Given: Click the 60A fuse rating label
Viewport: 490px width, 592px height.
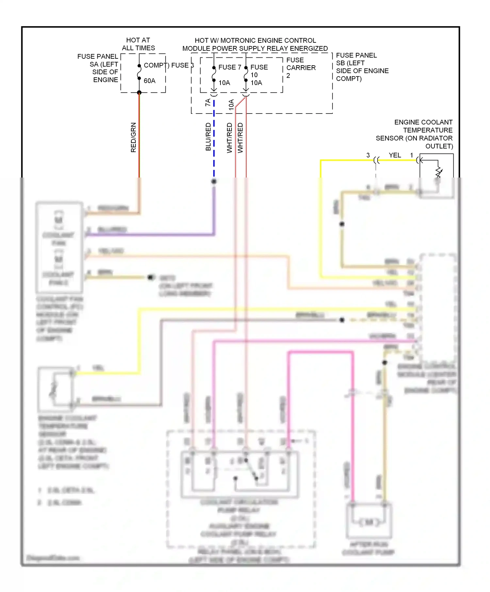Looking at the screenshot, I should coord(150,81).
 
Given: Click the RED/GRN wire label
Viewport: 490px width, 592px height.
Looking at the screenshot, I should coord(133,137).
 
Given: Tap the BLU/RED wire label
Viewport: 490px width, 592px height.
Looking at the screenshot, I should coord(208,137).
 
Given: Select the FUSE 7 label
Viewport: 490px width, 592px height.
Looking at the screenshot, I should coord(230,67).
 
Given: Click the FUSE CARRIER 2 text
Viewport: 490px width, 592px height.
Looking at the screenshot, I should coord(301,68).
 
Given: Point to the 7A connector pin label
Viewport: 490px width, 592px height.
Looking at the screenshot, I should coord(208,102).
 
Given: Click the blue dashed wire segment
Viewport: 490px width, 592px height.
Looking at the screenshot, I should coord(214,144).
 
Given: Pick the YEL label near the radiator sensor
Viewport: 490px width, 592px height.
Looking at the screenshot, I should coord(395,155).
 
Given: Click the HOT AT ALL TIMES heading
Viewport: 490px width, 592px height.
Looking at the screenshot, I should coord(138,44).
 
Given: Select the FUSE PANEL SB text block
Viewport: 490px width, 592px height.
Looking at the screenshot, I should coord(362,67).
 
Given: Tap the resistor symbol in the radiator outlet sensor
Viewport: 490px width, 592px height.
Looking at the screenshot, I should coord(438,172).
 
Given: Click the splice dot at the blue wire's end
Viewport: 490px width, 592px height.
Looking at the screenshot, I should coord(214,181).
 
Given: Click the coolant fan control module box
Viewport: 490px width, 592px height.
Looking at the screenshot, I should coord(59,247).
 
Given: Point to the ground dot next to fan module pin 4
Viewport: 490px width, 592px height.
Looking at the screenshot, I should coord(150,277).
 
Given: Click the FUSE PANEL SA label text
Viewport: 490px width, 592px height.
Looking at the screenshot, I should coord(98,68).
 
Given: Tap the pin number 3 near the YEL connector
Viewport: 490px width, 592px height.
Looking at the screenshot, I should coord(368,155).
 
